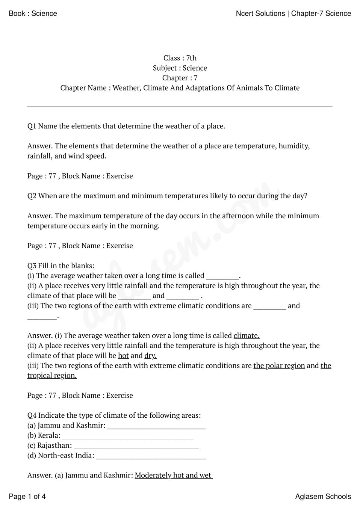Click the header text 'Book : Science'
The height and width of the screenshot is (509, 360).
point(33,14)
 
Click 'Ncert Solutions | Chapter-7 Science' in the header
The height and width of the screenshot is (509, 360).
point(293,14)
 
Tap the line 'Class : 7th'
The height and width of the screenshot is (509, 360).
point(180,58)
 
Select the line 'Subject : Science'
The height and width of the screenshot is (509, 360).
point(180,68)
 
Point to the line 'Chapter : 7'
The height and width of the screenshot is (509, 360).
point(180,78)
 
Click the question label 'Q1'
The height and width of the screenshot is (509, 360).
point(32,126)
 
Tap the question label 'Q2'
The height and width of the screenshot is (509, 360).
point(32,196)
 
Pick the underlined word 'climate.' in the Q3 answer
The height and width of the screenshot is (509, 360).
point(247,336)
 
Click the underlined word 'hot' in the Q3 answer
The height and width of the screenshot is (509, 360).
point(123,356)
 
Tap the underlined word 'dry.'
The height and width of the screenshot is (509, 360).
point(150,356)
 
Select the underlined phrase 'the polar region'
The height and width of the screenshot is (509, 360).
point(279,366)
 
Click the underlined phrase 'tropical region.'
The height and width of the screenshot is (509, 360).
point(52,376)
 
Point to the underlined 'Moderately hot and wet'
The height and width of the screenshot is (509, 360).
point(173,476)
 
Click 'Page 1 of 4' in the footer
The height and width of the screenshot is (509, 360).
point(27,497)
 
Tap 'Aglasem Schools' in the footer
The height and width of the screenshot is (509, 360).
point(323,497)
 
